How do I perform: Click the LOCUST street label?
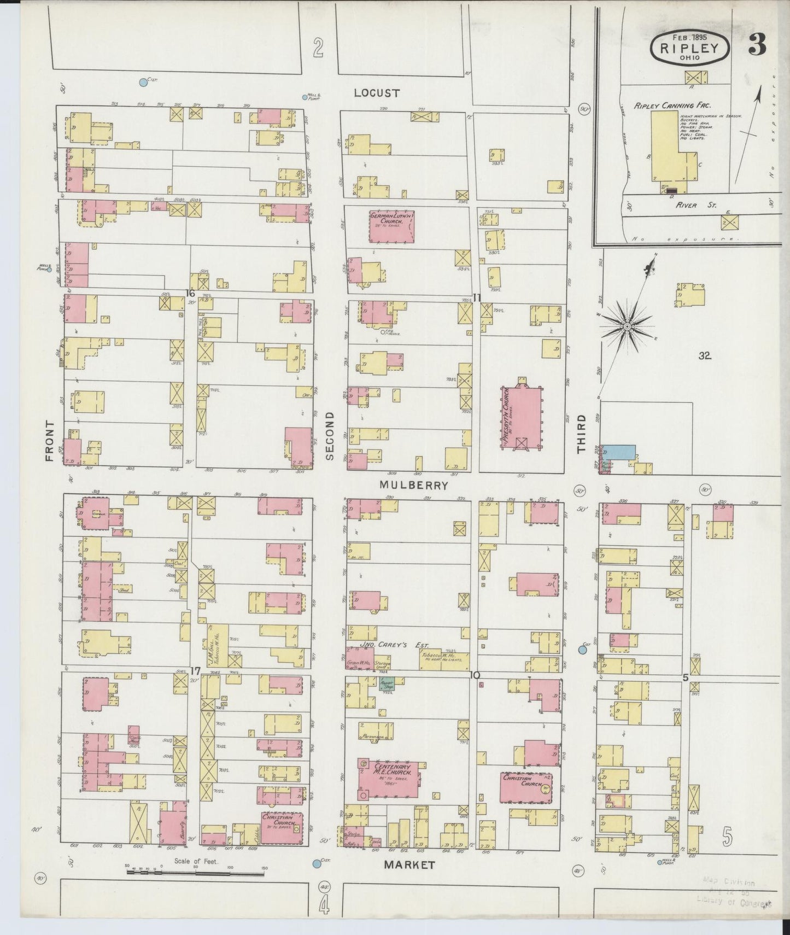(377, 93)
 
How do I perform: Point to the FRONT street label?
(50, 441)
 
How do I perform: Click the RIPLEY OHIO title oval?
(689, 48)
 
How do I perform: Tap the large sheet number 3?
(757, 45)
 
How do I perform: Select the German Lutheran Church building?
(390, 226)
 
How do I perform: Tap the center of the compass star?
(628, 327)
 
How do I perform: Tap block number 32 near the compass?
(704, 356)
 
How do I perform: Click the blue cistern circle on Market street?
(316, 863)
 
